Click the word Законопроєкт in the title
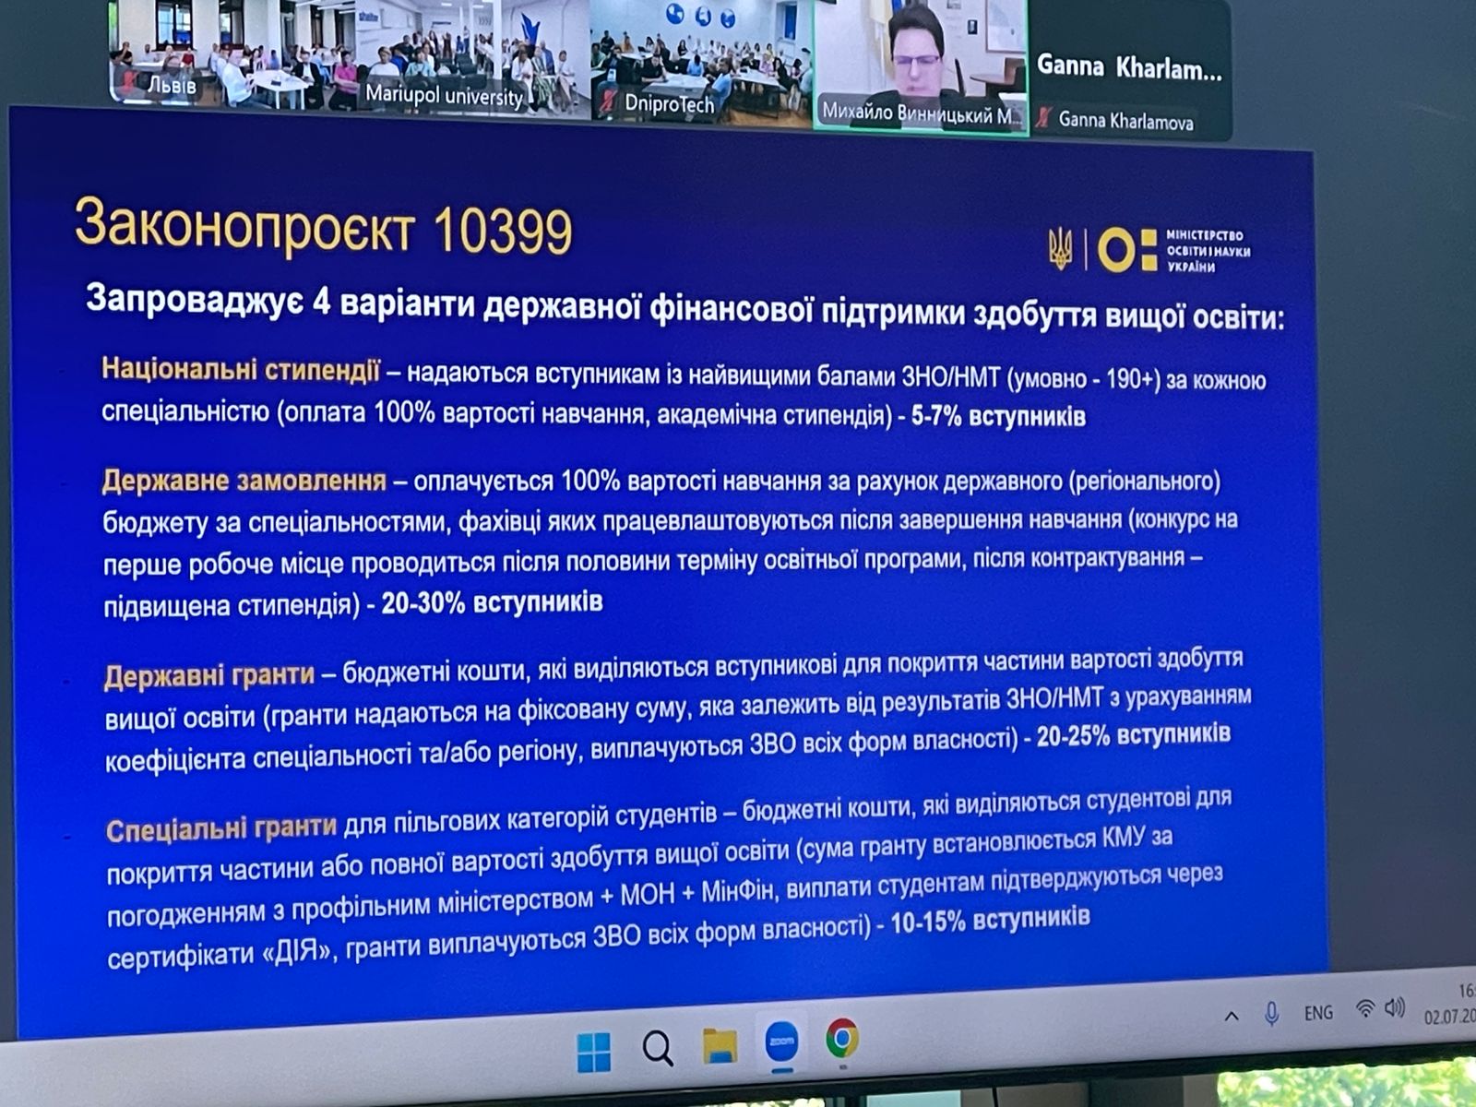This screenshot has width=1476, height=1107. pyautogui.click(x=244, y=223)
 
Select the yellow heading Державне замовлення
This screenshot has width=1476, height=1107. pyautogui.click(x=244, y=481)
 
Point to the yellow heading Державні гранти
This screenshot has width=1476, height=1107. pyautogui.click(x=209, y=675)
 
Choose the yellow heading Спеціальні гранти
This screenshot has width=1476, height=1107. pyautogui.click(x=220, y=828)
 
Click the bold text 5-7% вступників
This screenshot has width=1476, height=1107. pyautogui.click(x=998, y=416)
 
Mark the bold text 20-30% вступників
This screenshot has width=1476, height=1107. pyautogui.click(x=492, y=602)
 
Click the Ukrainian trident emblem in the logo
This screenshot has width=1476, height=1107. pyautogui.click(x=1060, y=249)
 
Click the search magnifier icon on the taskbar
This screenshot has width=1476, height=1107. pyautogui.click(x=657, y=1048)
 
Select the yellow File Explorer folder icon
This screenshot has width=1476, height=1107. pyautogui.click(x=720, y=1045)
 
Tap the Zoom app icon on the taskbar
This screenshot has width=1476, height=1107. pyautogui.click(x=781, y=1042)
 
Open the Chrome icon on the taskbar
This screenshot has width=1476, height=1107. pyautogui.click(x=841, y=1039)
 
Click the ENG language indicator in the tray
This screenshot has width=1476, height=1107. pyautogui.click(x=1318, y=1012)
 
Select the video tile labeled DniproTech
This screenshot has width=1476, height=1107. pyautogui.click(x=701, y=60)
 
